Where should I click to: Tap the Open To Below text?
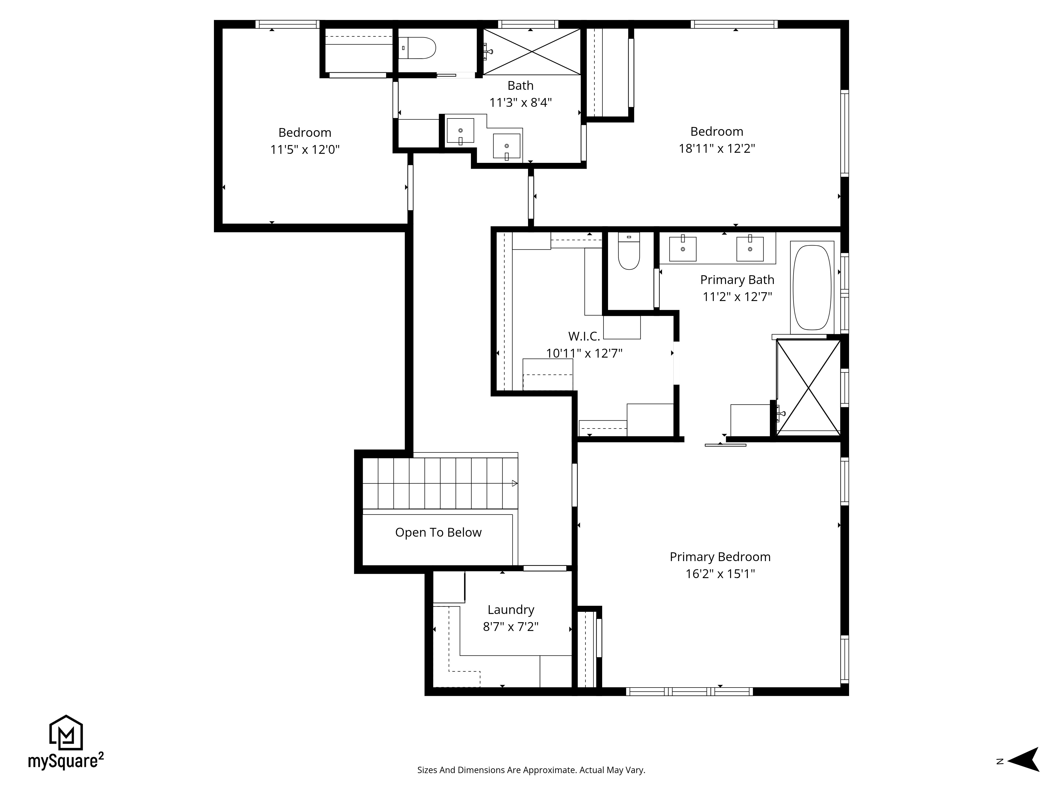(x=438, y=532)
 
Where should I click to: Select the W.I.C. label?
(x=584, y=336)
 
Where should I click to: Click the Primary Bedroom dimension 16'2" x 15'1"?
(x=720, y=574)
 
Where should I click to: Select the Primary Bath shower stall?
(x=809, y=387)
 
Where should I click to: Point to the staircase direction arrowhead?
(x=515, y=483)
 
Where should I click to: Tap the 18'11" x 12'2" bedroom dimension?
(x=716, y=149)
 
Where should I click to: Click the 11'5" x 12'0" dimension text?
(x=305, y=149)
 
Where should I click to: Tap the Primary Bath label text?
(x=737, y=279)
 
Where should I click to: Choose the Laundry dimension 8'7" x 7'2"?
(x=511, y=627)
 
